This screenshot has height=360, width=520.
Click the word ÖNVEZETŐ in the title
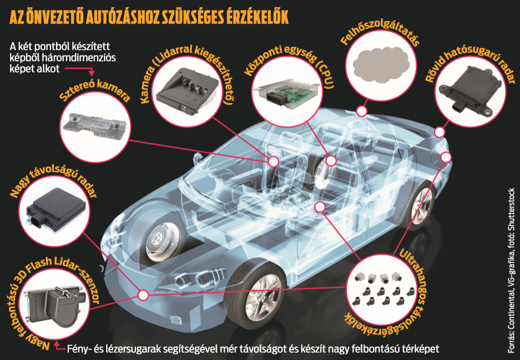click(x=55, y=17)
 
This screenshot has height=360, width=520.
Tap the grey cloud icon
click(x=381, y=65)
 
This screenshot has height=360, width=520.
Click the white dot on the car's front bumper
click(x=143, y=295)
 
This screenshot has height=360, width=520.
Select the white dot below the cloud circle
click(x=362, y=111)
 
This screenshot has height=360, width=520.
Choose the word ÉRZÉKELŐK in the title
click(x=258, y=17)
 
